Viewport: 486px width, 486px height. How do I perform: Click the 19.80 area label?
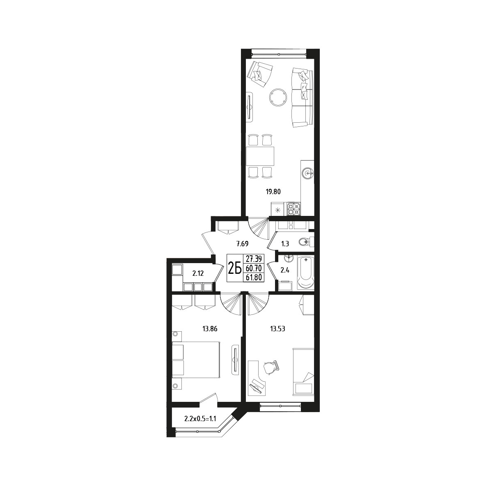coord(273,192)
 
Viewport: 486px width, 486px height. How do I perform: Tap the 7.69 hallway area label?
coord(242,244)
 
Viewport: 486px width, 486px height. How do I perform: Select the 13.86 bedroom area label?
coord(210,329)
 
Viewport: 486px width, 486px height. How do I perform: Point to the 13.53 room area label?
coord(277,329)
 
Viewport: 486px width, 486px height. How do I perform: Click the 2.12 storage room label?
coord(198,273)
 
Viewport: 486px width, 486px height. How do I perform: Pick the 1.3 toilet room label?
coord(285,244)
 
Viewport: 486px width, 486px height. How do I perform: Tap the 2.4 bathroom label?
coord(285,270)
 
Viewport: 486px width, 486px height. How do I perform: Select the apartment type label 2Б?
coord(235,268)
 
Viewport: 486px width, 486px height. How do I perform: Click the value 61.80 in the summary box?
coord(254,277)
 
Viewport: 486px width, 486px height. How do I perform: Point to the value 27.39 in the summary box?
coord(254,259)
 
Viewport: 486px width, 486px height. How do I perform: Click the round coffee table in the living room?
coord(278,97)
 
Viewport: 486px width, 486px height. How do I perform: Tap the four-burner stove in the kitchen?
coord(293,209)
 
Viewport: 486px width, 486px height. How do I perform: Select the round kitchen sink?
coord(308,172)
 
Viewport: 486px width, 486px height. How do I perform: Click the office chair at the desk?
coord(271,368)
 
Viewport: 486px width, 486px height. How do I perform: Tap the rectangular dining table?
coord(260,156)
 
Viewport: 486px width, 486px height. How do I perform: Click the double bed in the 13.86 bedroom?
coord(196,360)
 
